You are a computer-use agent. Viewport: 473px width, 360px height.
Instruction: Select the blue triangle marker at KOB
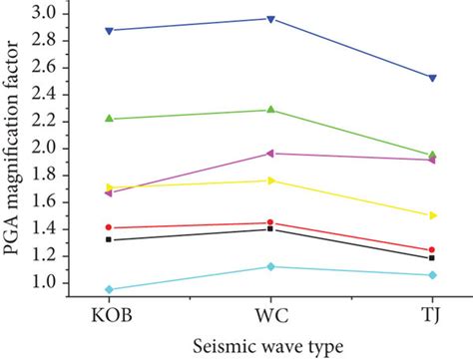tap(109, 31)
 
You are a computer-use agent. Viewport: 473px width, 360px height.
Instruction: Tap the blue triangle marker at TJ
tap(432, 78)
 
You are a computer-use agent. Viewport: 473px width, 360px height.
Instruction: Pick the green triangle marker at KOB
tap(109, 119)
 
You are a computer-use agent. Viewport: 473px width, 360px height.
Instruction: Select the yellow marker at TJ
tap(432, 215)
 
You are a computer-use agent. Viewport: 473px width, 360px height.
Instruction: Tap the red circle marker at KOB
tap(109, 227)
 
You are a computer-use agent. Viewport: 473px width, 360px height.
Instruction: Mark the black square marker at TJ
tap(432, 258)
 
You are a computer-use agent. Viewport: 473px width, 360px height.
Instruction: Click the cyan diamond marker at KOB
tap(109, 290)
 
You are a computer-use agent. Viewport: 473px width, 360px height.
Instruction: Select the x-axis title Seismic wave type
tap(270, 345)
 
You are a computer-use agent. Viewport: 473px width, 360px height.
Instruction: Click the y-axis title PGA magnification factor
tap(15, 150)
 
